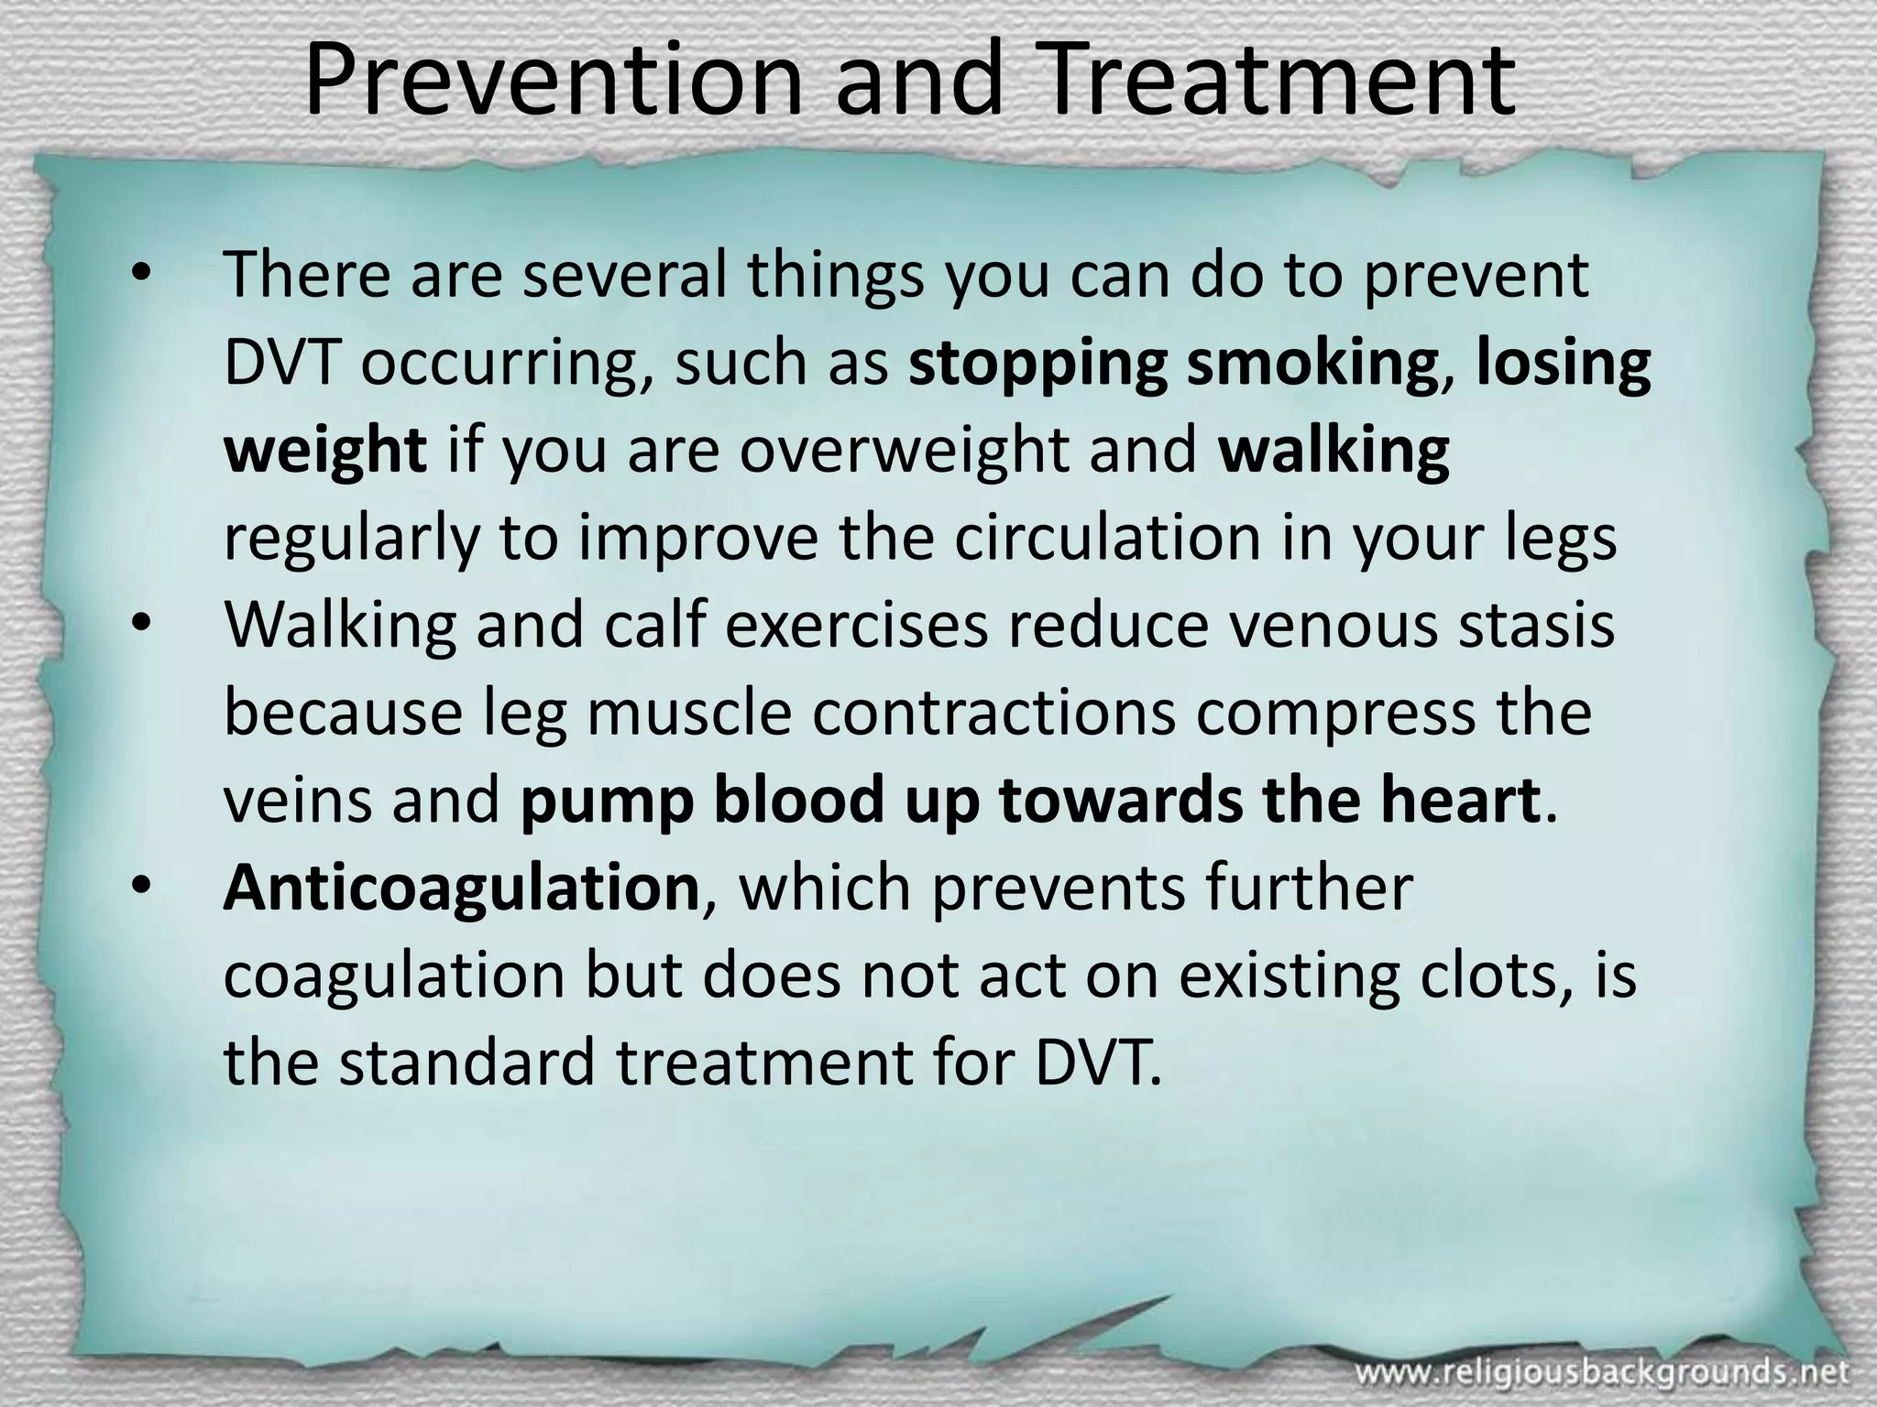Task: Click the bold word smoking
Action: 1311,365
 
